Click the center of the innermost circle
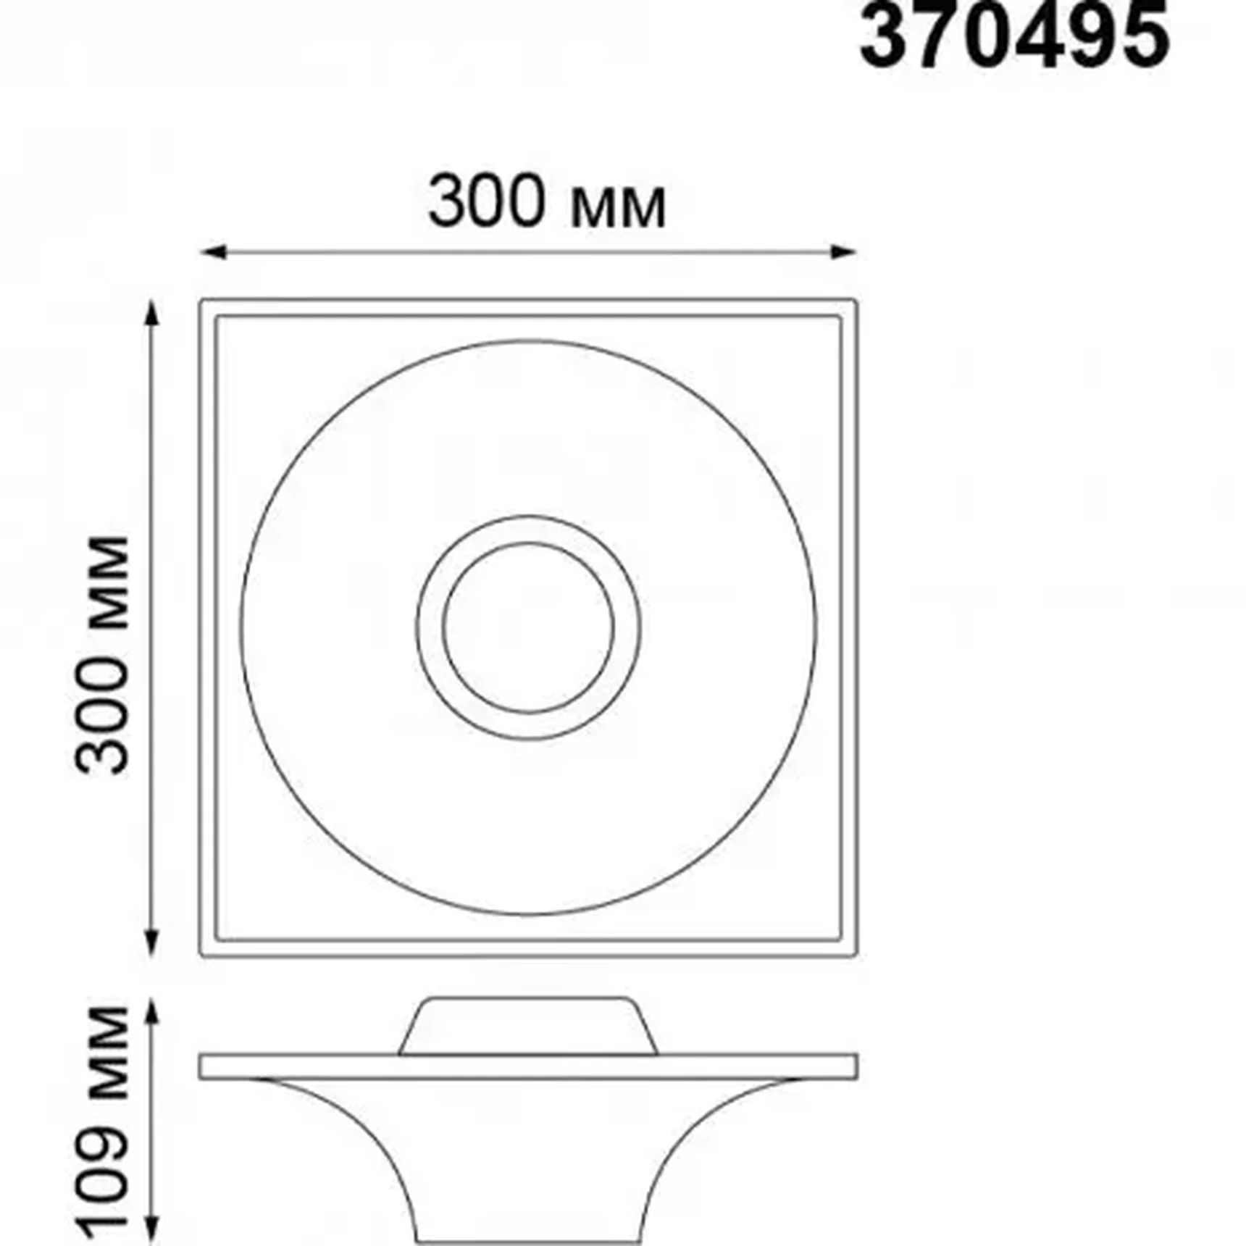529,627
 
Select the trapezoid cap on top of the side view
529,1027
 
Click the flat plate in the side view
529,1066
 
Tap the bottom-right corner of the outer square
856,955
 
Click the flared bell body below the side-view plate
529,1159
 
